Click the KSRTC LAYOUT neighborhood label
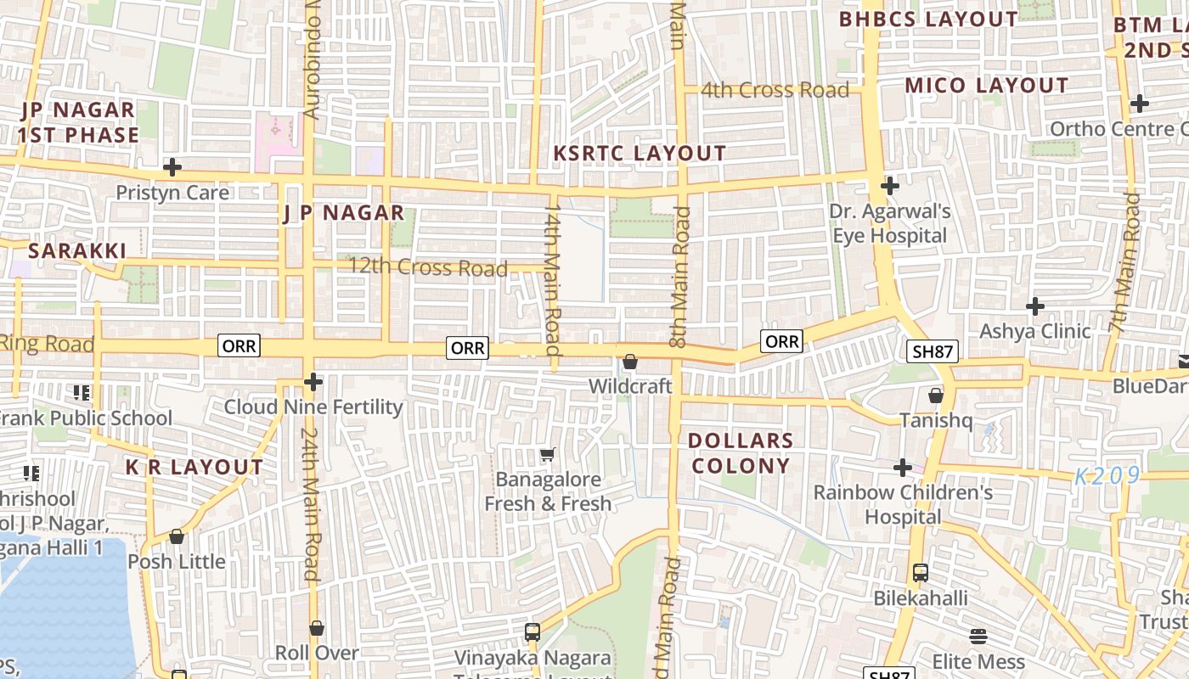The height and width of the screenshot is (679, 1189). (640, 154)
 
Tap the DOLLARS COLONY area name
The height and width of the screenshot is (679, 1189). (740, 453)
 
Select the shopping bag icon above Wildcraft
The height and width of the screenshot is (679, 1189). (630, 362)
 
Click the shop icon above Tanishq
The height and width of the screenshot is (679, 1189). (936, 396)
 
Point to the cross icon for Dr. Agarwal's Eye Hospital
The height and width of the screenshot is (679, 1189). (890, 186)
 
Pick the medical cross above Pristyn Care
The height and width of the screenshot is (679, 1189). (172, 167)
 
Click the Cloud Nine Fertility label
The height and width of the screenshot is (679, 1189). (313, 407)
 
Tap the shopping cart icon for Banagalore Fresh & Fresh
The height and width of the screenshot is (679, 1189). (548, 456)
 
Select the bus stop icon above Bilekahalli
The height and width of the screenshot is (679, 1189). (921, 573)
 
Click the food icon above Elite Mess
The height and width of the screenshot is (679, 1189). (978, 637)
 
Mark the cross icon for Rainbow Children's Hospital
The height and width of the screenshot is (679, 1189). (903, 468)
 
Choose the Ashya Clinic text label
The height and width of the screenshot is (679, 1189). (1034, 331)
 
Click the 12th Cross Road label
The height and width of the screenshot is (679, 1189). (428, 268)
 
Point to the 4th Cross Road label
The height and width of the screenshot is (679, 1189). (775, 90)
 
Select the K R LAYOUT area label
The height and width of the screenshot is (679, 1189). (194, 468)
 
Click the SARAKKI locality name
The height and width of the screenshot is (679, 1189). (77, 251)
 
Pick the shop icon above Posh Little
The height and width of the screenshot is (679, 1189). (177, 537)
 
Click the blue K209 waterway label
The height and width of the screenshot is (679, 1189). (1107, 477)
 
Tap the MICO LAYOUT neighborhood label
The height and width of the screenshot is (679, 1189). (986, 86)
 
